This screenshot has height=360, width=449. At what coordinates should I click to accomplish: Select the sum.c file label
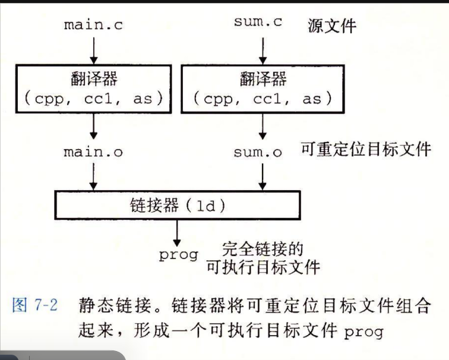[x=258, y=23]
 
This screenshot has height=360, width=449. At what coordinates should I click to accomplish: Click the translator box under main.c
[x=94, y=89]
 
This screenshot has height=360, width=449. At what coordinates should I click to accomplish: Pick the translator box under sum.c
[x=262, y=89]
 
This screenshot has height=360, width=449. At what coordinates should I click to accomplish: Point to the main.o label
[x=94, y=151]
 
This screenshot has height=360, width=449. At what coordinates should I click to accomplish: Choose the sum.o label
[x=258, y=153]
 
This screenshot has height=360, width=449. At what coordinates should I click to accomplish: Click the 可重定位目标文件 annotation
[x=365, y=149]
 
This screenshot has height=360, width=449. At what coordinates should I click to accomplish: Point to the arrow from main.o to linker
[x=94, y=176]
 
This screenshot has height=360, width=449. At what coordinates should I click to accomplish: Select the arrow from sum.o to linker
[x=261, y=176]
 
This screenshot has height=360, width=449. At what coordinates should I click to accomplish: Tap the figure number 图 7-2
[x=35, y=308]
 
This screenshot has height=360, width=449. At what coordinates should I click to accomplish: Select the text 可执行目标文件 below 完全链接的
[x=263, y=267]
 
